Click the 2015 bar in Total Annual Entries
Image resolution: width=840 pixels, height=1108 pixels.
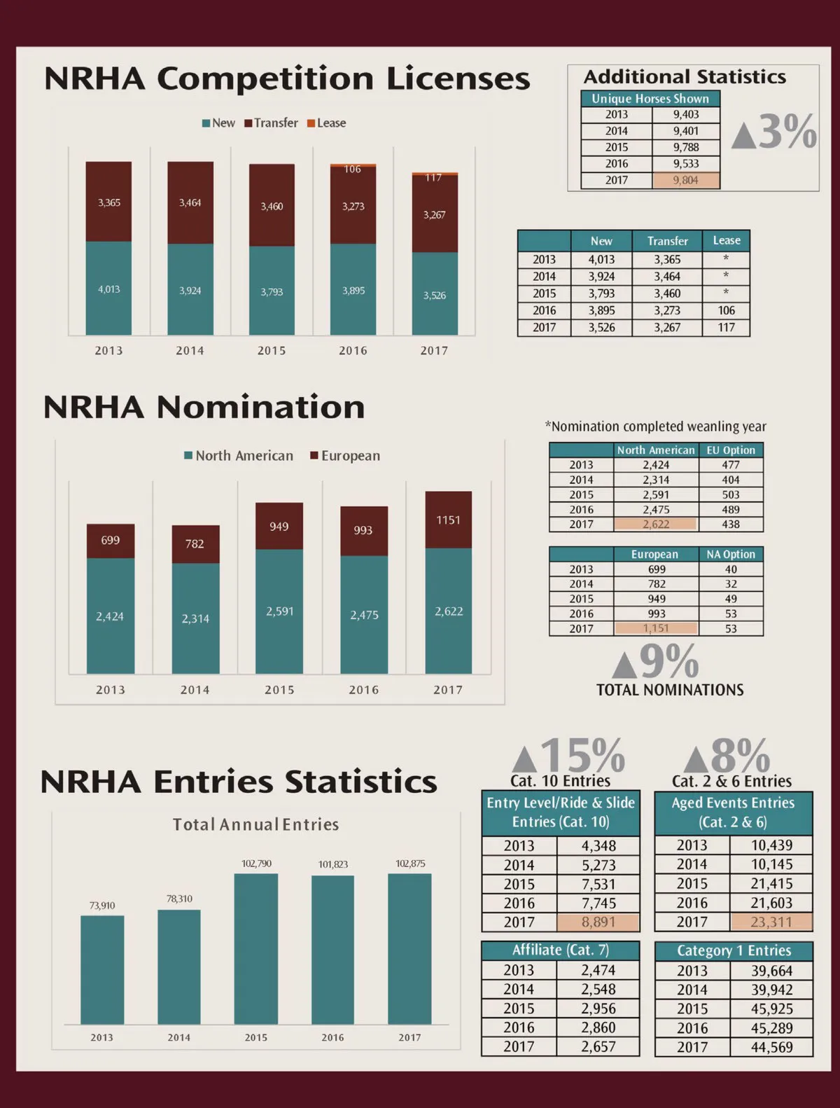tap(255, 948)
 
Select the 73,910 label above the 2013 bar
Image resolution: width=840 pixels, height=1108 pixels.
tap(102, 906)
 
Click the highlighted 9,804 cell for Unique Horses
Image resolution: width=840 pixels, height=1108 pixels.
tap(685, 181)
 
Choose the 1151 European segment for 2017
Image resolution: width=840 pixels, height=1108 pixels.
tap(448, 520)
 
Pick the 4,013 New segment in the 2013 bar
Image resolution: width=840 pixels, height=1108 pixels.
tap(108, 289)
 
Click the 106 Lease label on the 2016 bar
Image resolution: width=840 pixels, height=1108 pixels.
tap(353, 169)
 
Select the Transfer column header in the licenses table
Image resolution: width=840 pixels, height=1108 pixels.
tap(667, 241)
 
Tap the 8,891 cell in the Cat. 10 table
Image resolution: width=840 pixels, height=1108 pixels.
tap(598, 922)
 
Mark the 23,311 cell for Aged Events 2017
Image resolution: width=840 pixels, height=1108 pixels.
tap(771, 922)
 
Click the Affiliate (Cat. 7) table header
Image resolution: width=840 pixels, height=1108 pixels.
tap(560, 950)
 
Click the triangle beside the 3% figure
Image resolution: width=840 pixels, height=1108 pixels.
tap(743, 134)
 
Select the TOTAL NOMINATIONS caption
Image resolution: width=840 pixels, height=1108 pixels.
tap(670, 690)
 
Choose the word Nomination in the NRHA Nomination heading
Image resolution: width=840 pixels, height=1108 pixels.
tap(260, 408)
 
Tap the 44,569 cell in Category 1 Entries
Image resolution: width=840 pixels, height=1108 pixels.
tap(771, 1047)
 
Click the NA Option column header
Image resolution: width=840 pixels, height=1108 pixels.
tap(731, 555)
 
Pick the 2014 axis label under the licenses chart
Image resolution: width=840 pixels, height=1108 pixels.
tap(190, 350)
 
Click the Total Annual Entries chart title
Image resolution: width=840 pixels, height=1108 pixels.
tap(255, 824)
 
